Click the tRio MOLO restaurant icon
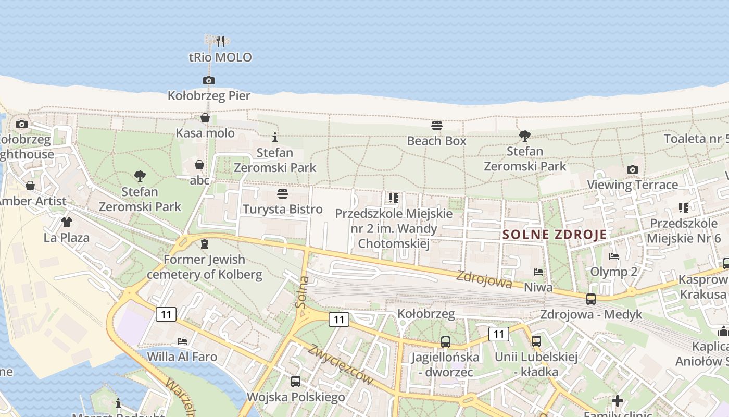[x=220, y=41]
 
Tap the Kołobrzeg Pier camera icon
[x=209, y=80]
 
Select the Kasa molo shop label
[x=205, y=133]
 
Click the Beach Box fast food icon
[x=436, y=126]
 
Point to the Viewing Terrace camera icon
[x=633, y=169]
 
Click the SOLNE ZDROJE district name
[x=555, y=235]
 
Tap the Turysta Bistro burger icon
[x=283, y=194]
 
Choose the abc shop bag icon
[x=199, y=165]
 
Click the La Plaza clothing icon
[x=66, y=222]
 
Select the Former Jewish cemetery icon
[x=205, y=244]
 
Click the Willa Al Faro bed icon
[x=182, y=341]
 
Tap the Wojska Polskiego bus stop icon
[x=296, y=381]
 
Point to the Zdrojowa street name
[x=484, y=280]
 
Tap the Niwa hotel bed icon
[x=538, y=272]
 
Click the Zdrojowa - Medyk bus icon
[x=591, y=299]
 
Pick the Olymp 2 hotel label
[x=613, y=272]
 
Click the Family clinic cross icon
[x=618, y=401]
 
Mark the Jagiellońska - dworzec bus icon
[x=446, y=342]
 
